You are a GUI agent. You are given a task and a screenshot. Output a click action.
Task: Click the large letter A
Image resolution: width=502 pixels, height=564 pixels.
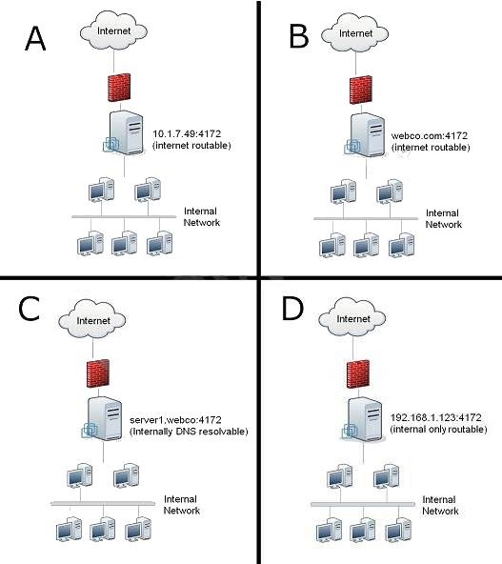tap(35, 38)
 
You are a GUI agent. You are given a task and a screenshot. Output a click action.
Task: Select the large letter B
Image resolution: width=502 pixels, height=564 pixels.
tap(299, 36)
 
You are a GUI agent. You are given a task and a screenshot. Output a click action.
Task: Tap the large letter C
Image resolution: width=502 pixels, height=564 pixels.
tap(29, 309)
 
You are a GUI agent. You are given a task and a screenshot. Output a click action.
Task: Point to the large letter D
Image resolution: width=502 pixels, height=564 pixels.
tap(292, 309)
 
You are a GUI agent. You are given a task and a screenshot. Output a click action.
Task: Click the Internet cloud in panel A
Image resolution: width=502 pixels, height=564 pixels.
tap(113, 30)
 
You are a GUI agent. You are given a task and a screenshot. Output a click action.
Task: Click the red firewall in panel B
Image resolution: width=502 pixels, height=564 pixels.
tap(361, 90)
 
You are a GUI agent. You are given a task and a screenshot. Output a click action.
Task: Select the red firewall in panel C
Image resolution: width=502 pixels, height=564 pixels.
tap(98, 373)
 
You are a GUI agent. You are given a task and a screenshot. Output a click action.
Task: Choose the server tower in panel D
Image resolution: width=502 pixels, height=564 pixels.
tap(363, 419)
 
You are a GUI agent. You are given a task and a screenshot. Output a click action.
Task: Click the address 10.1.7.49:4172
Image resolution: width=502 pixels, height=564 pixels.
tap(187, 133)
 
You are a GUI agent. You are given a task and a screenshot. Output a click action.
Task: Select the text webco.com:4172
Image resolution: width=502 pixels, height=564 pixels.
tap(430, 135)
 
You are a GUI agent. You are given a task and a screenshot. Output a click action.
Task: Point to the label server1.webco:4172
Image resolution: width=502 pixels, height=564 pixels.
tap(175, 420)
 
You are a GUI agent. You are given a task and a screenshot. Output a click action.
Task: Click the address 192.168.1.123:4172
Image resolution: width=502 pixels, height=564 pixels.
tap(436, 417)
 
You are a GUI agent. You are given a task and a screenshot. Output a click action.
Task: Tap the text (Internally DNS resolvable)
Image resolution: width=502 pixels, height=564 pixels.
tap(189, 432)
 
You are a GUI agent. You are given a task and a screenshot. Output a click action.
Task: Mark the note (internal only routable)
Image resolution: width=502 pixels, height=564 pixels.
tap(439, 429)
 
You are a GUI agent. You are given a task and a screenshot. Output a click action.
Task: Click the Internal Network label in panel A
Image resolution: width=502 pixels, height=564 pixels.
tap(201, 216)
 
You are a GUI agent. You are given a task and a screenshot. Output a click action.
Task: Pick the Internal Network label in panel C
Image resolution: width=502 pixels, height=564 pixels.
tap(182, 505)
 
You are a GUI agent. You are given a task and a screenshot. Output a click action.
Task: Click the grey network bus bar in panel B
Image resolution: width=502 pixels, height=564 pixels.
tap(366, 219)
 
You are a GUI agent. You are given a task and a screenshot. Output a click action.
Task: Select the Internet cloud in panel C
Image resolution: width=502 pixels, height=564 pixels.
tap(92, 320)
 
